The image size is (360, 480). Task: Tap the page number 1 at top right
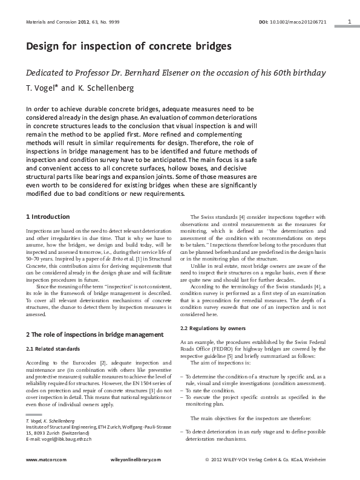[350, 21]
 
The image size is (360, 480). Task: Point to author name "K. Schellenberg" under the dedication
[107, 88]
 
